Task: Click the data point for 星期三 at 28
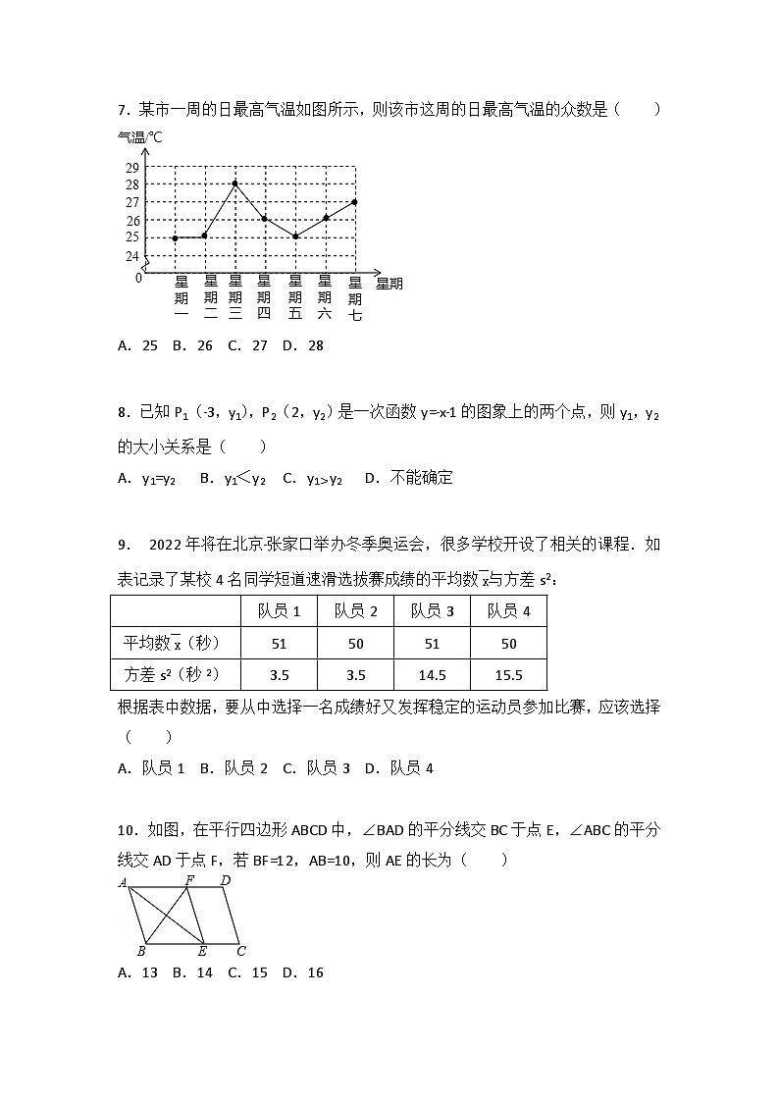(x=235, y=184)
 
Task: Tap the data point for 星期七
(x=354, y=201)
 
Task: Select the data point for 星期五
(x=295, y=236)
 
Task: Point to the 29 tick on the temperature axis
(x=131, y=167)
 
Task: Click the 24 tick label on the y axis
(x=131, y=256)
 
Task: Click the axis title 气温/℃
(x=139, y=137)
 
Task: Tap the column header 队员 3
(x=432, y=611)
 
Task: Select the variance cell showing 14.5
(x=432, y=675)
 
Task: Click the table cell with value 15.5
(x=508, y=675)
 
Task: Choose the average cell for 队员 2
(x=355, y=644)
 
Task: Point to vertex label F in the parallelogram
(x=189, y=880)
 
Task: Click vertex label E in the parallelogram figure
(x=202, y=951)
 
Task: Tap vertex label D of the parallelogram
(x=226, y=880)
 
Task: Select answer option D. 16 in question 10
(x=302, y=972)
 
